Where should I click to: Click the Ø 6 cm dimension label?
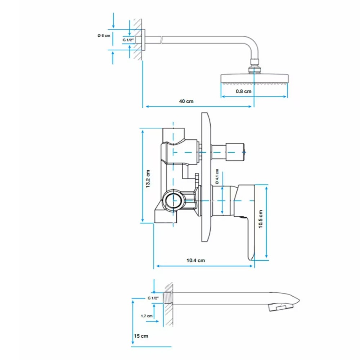(104, 36)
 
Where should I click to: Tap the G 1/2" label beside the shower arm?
(128, 40)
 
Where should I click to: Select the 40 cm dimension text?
(186, 101)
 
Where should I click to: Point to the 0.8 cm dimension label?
(244, 91)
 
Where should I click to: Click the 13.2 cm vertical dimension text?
(148, 179)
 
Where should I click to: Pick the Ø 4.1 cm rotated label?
(217, 176)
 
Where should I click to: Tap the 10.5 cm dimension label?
(260, 219)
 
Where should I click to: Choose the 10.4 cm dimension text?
(195, 260)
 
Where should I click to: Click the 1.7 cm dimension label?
(147, 316)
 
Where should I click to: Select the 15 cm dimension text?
(141, 336)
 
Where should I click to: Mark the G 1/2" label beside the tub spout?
(153, 298)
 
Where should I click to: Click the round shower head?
(255, 78)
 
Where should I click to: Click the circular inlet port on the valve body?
(174, 200)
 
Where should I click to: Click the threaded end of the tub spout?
(168, 298)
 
